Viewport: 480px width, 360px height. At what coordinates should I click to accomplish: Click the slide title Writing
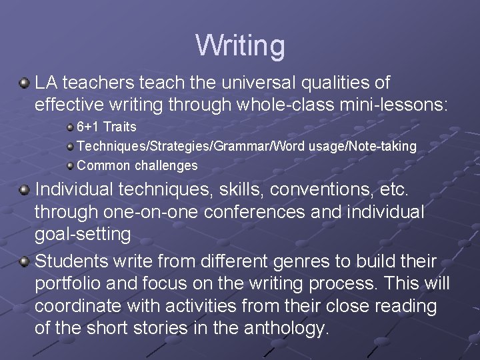240,45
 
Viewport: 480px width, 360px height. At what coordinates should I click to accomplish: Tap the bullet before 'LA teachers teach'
25,83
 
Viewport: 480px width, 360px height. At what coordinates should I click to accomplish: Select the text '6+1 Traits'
106,127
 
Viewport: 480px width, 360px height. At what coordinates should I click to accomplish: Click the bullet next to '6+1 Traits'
70,127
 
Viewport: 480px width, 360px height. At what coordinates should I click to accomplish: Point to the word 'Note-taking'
383,146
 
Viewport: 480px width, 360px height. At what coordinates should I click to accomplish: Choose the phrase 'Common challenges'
137,165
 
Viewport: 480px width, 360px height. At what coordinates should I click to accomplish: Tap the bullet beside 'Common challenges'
70,165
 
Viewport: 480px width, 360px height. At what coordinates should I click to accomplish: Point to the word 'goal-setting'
83,234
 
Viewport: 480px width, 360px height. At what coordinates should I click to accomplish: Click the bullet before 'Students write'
25,261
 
